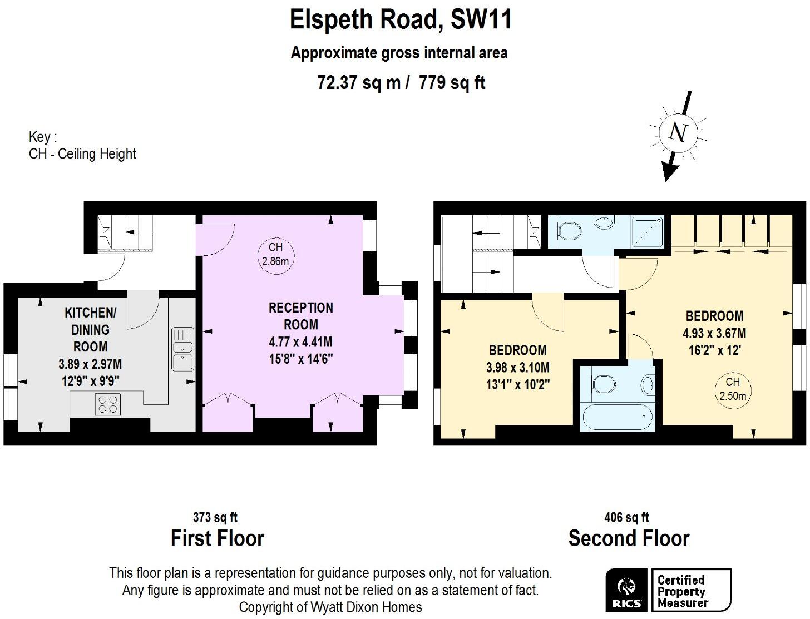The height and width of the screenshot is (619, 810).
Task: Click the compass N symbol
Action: [678, 132]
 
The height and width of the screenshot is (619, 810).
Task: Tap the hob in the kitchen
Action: [108, 404]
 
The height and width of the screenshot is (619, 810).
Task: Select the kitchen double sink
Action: [182, 349]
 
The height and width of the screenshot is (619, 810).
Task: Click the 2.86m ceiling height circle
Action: [275, 254]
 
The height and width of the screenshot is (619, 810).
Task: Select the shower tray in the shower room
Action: [648, 232]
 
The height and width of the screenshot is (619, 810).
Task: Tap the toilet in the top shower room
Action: [568, 230]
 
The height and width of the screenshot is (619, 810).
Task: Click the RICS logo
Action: [626, 590]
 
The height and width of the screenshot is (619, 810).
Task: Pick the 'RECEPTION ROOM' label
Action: [301, 316]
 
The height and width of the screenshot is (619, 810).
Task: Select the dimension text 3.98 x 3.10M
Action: [517, 368]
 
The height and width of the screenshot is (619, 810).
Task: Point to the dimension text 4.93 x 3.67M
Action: [714, 334]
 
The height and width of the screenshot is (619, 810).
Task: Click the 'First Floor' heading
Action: [217, 538]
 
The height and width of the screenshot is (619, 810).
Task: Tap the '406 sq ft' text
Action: [626, 518]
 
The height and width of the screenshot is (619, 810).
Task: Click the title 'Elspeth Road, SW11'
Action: [401, 20]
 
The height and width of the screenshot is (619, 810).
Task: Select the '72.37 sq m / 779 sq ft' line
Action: [401, 83]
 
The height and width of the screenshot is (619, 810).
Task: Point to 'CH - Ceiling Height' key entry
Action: [82, 154]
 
